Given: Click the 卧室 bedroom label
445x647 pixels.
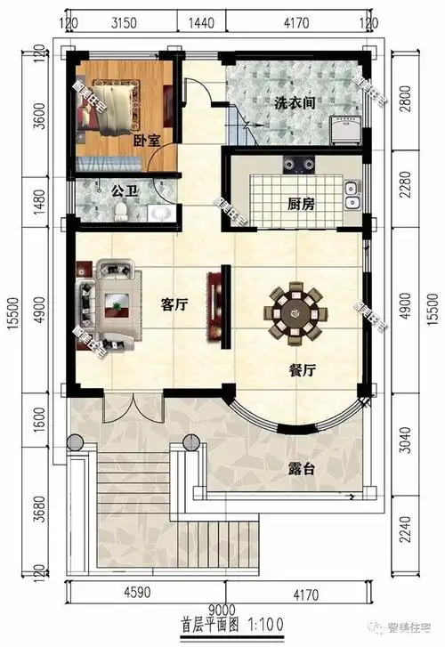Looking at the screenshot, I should point(121,140).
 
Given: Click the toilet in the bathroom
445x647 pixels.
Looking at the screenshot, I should point(120,211).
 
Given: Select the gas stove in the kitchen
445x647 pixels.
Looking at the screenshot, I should point(297,165).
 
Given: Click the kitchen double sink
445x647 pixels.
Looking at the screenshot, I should point(352,189).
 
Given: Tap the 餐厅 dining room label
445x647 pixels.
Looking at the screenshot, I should point(303,371).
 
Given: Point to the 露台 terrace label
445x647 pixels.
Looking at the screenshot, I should point(301,469).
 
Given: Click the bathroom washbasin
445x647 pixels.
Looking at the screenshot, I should point(158,213).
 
